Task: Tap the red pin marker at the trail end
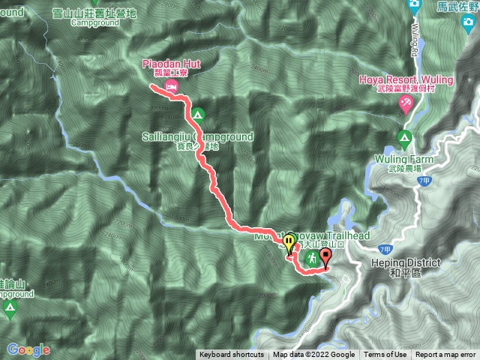pos(325,257)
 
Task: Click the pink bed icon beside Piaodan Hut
pos(172,88)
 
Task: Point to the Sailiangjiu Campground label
pos(197,137)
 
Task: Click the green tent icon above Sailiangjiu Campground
pos(197,115)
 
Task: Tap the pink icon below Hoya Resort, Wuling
pos(405,102)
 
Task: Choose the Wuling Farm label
pos(404,159)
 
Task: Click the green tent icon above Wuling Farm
pos(404,138)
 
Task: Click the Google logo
pos(28,349)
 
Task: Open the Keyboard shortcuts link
pos(231,355)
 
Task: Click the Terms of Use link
pos(385,355)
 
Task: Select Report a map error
pos(445,355)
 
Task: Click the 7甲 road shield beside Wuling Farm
pos(424,181)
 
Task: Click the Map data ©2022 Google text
pos(313,355)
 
